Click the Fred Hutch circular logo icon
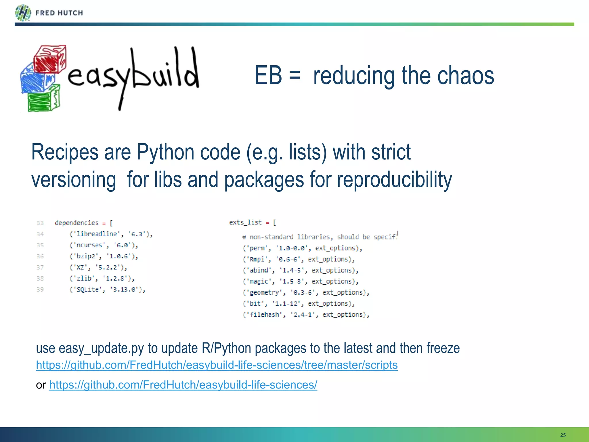tap(23, 13)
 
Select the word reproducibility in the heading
tap(394, 180)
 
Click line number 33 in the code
tap(40, 223)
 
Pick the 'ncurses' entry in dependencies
tap(89, 245)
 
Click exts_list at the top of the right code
tap(245, 222)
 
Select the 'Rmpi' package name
tap(257, 259)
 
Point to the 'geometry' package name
tap(264, 293)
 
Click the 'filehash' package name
tap(264, 315)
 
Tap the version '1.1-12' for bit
tap(286, 304)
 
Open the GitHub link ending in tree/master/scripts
tap(217, 365)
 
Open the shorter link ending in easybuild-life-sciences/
tap(183, 385)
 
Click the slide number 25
tap(563, 435)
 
